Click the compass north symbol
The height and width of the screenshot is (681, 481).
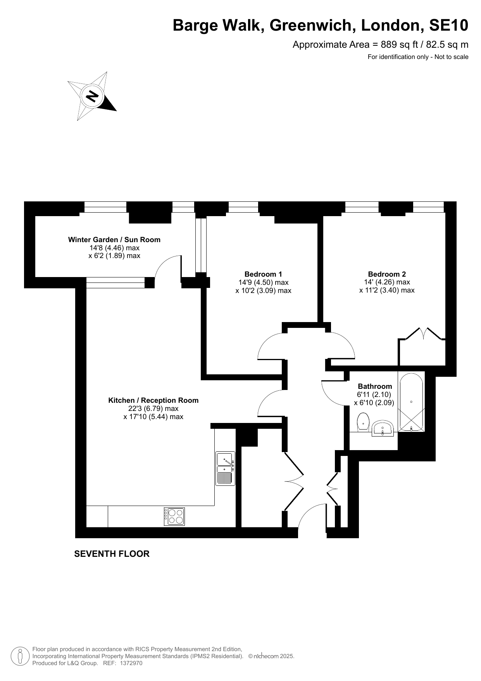[x=92, y=95]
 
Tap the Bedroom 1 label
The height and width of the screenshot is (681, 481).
[x=263, y=274]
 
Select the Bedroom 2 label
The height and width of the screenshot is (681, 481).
[x=387, y=274]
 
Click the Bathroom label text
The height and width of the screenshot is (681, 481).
[x=375, y=386]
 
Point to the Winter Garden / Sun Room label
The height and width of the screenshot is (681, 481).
[x=114, y=239]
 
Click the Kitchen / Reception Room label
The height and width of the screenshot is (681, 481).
[x=153, y=400]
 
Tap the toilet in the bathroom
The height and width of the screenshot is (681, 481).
[x=363, y=422]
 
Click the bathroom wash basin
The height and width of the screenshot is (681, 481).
[x=383, y=428]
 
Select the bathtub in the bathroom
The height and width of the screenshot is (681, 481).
[x=411, y=402]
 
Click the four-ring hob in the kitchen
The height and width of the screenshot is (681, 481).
[x=174, y=516]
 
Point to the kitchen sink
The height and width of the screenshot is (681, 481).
[x=225, y=468]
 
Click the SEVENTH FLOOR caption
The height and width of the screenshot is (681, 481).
[x=112, y=554]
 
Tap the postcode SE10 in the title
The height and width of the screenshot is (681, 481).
[x=449, y=25]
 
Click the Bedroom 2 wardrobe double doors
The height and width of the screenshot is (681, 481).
[x=423, y=334]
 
